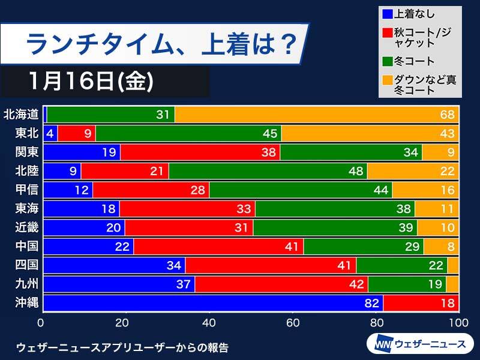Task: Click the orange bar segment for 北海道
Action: point(317,114)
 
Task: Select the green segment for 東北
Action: point(188,133)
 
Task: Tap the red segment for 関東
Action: point(200,152)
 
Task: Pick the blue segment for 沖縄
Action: point(214,303)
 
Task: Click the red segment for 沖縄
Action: point(421,303)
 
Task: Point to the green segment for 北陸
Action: point(268,171)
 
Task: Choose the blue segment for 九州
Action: point(119,284)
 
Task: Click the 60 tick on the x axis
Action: point(292,323)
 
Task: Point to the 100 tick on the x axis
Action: point(458,323)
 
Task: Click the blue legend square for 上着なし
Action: point(388,13)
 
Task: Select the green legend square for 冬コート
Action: point(388,60)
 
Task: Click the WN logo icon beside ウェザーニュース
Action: point(380,344)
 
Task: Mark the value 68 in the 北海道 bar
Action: point(447,114)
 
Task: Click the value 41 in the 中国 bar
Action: point(291,247)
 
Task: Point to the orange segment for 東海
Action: point(436,209)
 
